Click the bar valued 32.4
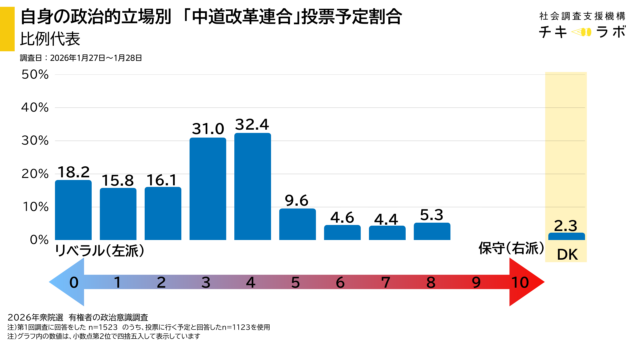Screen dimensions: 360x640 tap(252, 186)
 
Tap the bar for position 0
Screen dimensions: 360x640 tap(73, 210)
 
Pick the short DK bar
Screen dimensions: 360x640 tap(567, 236)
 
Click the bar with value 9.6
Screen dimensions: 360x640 tap(297, 224)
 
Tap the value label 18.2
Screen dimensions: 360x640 tap(73, 171)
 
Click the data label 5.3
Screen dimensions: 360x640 tap(432, 213)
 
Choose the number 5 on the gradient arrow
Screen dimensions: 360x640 tap(297, 283)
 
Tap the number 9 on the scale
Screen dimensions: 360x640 tap(476, 283)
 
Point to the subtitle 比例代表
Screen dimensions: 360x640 tap(48, 40)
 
